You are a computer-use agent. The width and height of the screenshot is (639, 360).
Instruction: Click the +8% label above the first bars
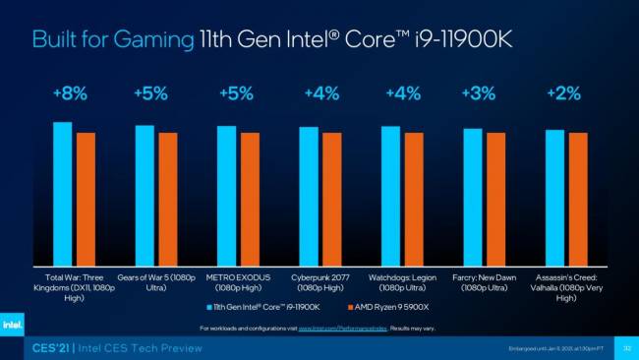[70, 93]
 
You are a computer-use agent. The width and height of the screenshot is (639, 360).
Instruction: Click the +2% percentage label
[563, 93]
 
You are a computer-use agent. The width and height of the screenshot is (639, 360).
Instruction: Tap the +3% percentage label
[479, 93]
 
